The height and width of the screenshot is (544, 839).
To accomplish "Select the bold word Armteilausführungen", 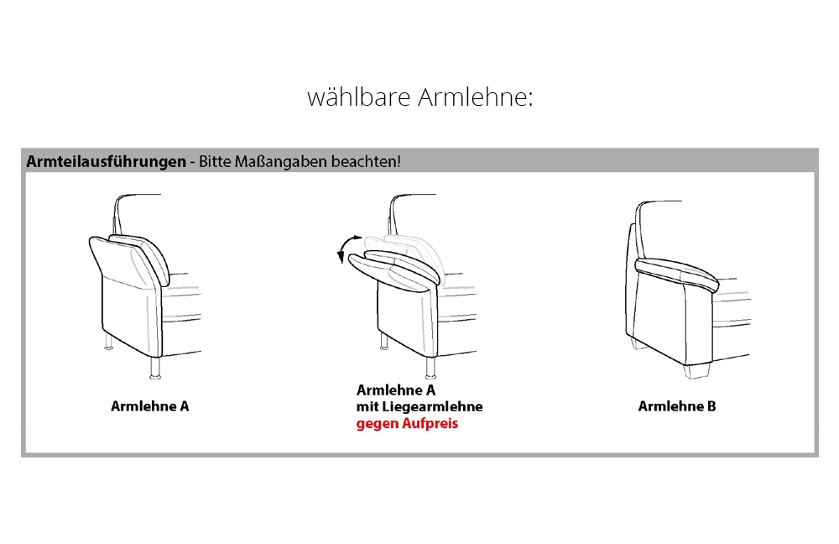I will coord(106,161).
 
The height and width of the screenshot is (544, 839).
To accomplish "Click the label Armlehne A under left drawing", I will coord(150,405).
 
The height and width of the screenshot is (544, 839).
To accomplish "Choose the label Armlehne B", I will coord(677,406).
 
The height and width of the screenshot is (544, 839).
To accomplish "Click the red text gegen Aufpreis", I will coord(408,424).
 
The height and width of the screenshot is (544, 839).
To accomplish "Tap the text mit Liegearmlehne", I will coord(419,407).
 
